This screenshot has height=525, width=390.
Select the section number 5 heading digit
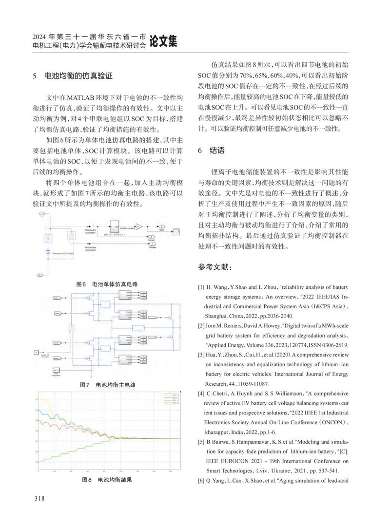[34, 76]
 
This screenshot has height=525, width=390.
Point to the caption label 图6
[81, 284]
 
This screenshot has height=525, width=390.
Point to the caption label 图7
[85, 385]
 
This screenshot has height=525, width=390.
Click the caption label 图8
[87, 480]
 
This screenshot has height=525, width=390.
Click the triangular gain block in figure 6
[138, 225]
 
